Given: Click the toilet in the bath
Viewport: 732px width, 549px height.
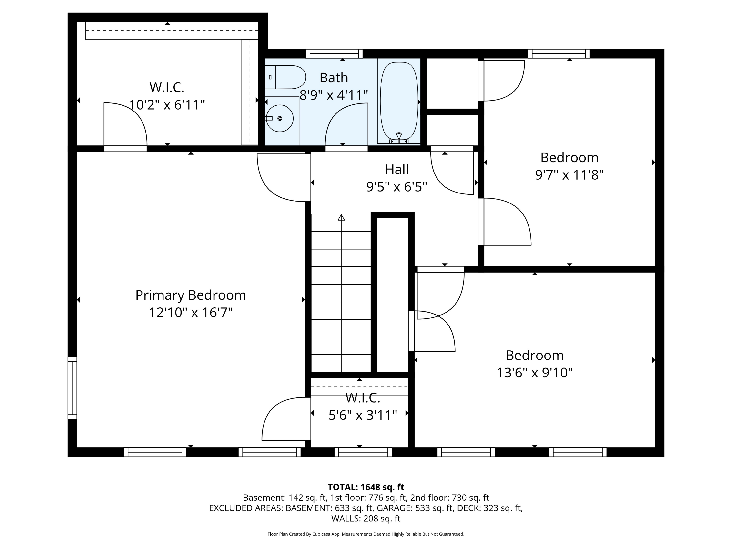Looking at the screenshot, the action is [285, 77].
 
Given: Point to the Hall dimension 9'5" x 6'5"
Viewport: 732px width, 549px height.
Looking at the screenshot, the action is [396, 187].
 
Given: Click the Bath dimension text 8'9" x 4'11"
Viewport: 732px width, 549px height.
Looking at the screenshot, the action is [334, 95].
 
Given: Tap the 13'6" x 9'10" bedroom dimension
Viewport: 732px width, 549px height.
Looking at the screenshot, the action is [534, 373].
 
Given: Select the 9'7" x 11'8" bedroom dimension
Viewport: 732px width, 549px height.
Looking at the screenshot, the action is [569, 175].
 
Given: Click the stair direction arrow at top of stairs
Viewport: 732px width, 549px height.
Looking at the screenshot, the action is [341, 217].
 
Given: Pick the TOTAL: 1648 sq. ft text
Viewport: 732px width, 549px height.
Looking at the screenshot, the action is [366, 487].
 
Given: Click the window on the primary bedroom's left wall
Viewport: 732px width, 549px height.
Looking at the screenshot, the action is [72, 388].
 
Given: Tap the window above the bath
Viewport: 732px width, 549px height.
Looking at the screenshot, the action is [334, 54].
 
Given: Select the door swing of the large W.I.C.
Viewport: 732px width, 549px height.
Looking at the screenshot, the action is [125, 124].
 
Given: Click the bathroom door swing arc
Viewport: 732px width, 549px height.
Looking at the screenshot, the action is [346, 124].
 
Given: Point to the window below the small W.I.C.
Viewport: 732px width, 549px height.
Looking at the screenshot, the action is [363, 452].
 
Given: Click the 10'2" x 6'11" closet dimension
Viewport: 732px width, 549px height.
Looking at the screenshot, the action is [167, 105].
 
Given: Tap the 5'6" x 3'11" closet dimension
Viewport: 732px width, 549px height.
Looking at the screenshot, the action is [363, 415].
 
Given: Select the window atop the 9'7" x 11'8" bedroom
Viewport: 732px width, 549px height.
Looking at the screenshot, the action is [559, 54].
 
